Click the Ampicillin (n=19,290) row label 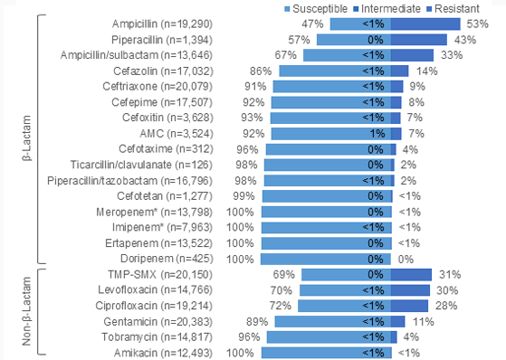click(x=167, y=22)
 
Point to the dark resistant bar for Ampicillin click(x=423, y=22)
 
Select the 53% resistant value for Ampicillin click(x=473, y=22)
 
